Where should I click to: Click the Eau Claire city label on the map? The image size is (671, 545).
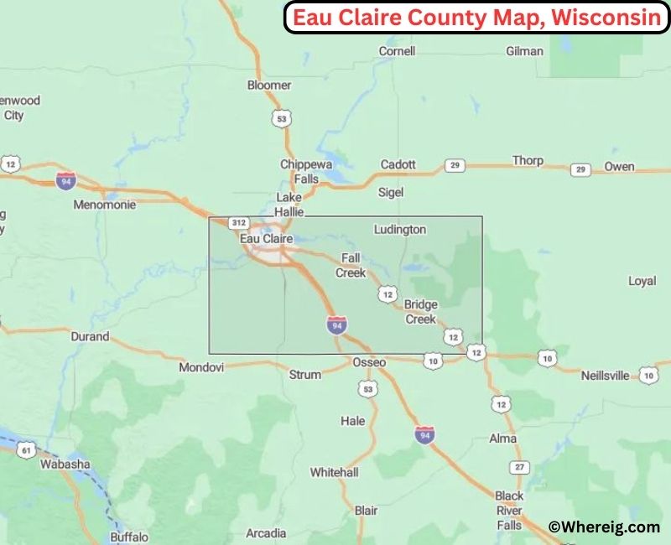click(x=267, y=239)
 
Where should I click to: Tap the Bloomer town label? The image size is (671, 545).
click(x=269, y=85)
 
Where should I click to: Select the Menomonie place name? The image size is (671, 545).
click(x=99, y=204)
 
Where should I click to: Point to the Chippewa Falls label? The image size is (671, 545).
click(x=299, y=172)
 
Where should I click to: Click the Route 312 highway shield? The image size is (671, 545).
click(x=238, y=223)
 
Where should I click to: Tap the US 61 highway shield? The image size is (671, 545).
click(x=27, y=450)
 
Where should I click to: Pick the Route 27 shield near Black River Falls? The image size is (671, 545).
click(x=520, y=466)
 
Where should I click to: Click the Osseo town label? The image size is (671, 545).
click(x=369, y=362)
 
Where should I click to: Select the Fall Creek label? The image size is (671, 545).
click(x=351, y=265)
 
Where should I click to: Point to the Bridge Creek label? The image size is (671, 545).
click(x=420, y=311)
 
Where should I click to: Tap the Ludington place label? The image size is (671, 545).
click(x=400, y=229)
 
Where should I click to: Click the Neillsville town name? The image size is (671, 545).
click(x=605, y=376)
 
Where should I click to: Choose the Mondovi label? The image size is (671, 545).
click(x=201, y=367)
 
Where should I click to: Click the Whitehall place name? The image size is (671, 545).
click(x=334, y=472)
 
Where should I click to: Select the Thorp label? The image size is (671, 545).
click(x=528, y=160)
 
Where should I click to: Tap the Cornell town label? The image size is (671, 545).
click(x=397, y=51)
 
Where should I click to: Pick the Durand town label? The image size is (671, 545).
click(x=90, y=336)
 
